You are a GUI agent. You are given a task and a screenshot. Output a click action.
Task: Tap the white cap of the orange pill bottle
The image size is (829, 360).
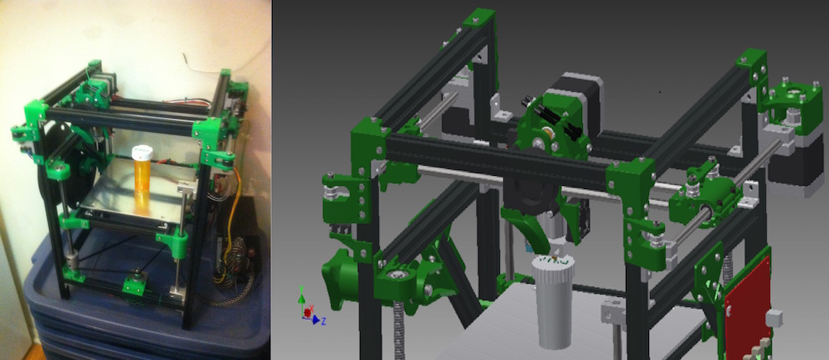[x=143, y=153]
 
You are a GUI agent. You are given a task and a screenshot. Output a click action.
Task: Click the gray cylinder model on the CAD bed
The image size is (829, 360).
[x=552, y=301]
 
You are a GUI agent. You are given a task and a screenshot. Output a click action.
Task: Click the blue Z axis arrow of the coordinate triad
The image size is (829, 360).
[x=316, y=319]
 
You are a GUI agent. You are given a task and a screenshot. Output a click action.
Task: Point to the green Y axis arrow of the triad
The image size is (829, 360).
[x=302, y=300]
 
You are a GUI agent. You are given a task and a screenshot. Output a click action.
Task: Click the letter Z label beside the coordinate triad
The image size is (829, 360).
[x=323, y=321]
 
